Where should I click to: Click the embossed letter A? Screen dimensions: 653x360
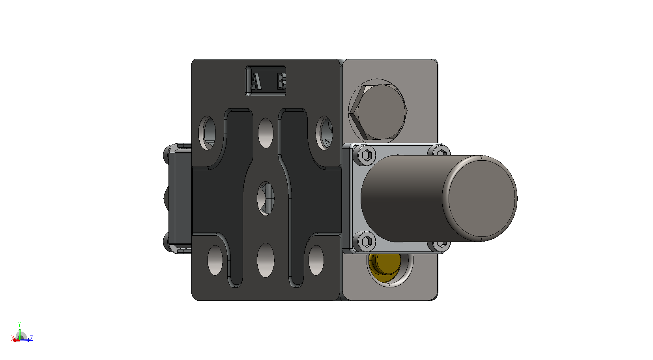(256, 81)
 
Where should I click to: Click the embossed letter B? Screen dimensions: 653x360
(281, 81)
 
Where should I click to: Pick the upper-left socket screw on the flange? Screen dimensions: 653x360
(367, 155)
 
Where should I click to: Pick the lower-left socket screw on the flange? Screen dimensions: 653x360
(366, 242)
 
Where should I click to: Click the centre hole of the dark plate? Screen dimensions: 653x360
(266, 199)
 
